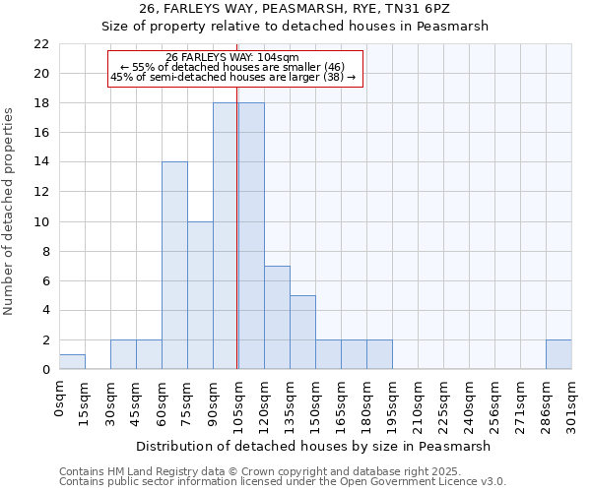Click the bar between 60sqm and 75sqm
174,266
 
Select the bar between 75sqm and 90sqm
200,295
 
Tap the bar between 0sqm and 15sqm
72,361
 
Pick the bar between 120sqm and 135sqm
277,317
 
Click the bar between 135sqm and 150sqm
302,333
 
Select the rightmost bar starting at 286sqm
558,354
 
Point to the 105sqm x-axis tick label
238,402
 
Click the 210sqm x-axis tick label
418,402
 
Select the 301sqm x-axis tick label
571,402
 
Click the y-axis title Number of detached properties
10,212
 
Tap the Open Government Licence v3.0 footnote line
283,482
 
